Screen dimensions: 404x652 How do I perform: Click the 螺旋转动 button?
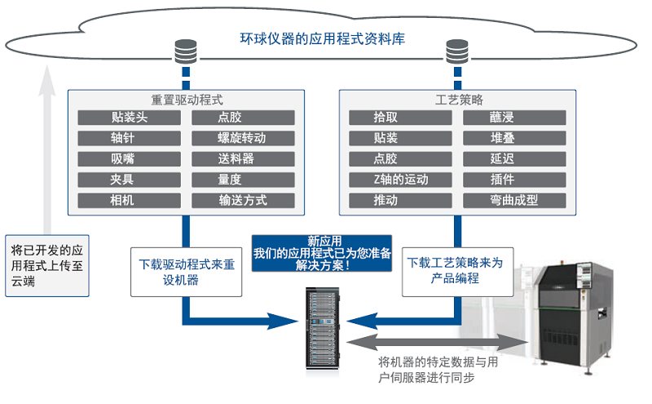pyautogui.click(x=241, y=138)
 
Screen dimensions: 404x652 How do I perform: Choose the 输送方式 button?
pyautogui.click(x=241, y=200)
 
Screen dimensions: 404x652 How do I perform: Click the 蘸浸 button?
pyautogui.click(x=514, y=118)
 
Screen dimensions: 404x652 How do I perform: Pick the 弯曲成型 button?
pyautogui.click(x=514, y=200)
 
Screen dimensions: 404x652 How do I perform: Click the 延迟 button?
pyautogui.click(x=514, y=158)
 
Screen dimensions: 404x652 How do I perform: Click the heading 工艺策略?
pyautogui.click(x=454, y=99)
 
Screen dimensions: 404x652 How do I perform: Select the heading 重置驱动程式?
pyautogui.click(x=187, y=99)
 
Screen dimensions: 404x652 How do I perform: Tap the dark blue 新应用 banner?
pyautogui.click(x=322, y=253)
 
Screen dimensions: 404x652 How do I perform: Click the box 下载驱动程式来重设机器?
pyautogui.click(x=187, y=271)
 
